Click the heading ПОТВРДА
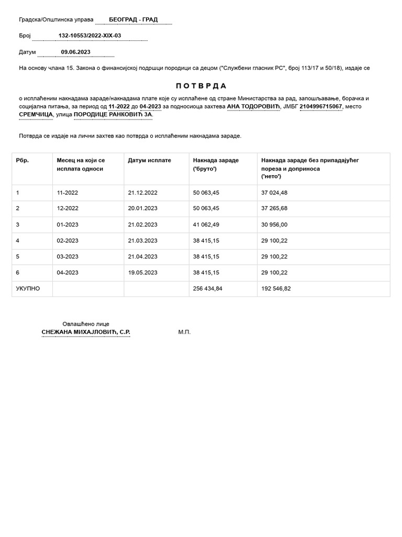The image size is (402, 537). [x=201, y=85]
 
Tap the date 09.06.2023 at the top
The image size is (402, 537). [x=76, y=52]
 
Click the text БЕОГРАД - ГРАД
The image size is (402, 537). [x=133, y=20]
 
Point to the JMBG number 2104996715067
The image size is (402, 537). [x=320, y=106]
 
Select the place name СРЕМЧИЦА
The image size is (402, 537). [x=36, y=114]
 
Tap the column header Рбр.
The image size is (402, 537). [x=23, y=160]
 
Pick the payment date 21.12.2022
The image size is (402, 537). [x=142, y=192]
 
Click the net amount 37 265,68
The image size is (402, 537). [x=274, y=208]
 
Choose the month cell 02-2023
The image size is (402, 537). [x=68, y=241]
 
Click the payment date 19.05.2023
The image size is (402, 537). [x=142, y=273]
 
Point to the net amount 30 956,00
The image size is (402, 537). [x=274, y=224]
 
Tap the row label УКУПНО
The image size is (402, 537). [x=28, y=288]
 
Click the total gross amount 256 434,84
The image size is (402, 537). [x=208, y=288]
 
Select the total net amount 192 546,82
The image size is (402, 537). [x=276, y=288]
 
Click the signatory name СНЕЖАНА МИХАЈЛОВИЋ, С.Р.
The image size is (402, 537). [x=86, y=332]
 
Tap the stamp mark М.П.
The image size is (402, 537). [x=184, y=332]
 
